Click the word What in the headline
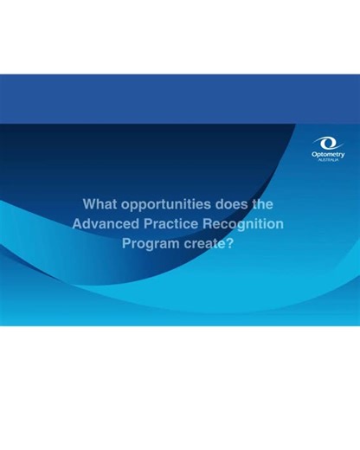[x=99, y=205]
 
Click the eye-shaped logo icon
[x=328, y=143]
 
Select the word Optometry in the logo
[x=328, y=155]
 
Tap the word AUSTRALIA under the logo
[x=328, y=161]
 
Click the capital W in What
[x=88, y=205]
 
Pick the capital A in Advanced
[x=78, y=224]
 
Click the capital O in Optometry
[x=314, y=155]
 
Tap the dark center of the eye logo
[x=329, y=143]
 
